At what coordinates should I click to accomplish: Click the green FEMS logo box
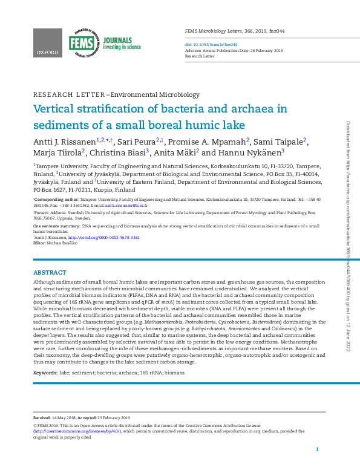coord(81,43)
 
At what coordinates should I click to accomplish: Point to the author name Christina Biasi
coord(118,153)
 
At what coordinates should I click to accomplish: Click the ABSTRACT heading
coord(50,273)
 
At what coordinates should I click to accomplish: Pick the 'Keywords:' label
coord(45,373)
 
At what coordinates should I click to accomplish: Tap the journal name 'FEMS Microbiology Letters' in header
coord(214,30)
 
